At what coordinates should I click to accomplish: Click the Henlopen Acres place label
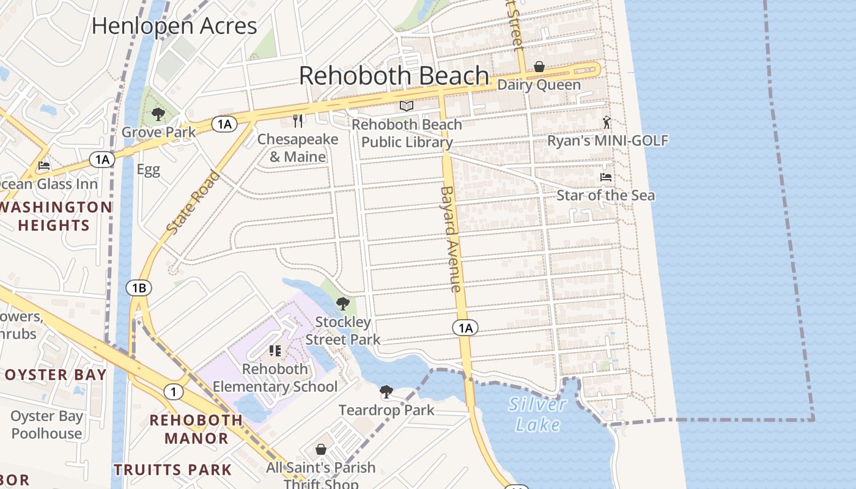click(x=174, y=26)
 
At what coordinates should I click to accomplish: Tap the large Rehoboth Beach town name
click(x=394, y=76)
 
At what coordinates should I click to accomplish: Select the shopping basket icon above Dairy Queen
click(x=539, y=67)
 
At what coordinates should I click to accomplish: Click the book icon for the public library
click(x=407, y=106)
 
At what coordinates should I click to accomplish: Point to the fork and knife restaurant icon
click(x=298, y=120)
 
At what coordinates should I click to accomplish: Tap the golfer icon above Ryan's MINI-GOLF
click(x=607, y=122)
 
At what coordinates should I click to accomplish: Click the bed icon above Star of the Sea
click(x=606, y=177)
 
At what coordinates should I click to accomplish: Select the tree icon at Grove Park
click(x=158, y=114)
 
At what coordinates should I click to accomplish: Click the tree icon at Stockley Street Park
click(x=343, y=304)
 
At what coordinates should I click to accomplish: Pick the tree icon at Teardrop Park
click(x=386, y=392)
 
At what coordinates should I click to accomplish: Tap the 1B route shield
click(x=139, y=287)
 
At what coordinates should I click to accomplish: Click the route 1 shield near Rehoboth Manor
click(x=174, y=392)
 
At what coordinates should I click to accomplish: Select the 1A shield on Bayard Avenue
click(x=465, y=328)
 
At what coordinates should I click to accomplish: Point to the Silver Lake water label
click(x=537, y=414)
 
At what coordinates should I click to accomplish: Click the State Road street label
click(x=192, y=203)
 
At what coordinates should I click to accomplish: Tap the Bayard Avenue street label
click(x=451, y=238)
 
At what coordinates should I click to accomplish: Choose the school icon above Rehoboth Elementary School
click(x=275, y=350)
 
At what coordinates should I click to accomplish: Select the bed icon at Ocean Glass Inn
click(x=44, y=166)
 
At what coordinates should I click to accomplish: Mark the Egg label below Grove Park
click(x=148, y=169)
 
